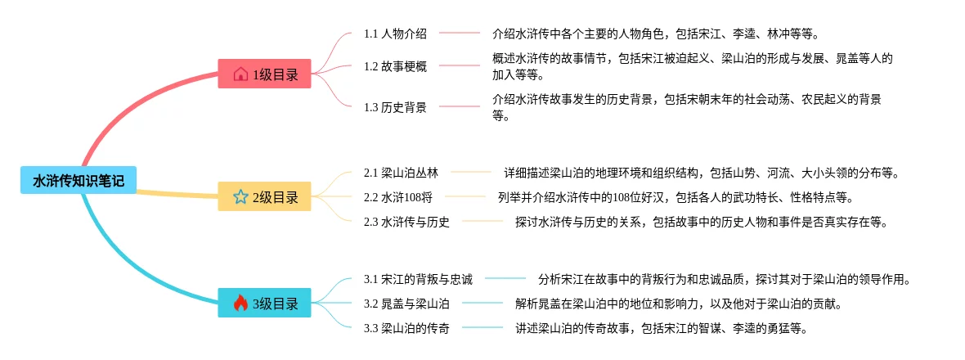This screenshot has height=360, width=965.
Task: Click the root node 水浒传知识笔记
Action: click(x=79, y=181)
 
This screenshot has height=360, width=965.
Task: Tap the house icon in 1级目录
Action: click(x=240, y=74)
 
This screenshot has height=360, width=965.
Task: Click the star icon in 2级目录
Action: click(x=240, y=197)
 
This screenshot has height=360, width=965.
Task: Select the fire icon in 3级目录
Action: click(x=240, y=304)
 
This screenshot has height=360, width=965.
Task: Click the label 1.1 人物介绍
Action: click(x=395, y=34)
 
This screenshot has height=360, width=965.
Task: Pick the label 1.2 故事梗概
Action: click(x=395, y=66)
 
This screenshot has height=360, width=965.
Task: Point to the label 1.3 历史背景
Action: click(x=395, y=107)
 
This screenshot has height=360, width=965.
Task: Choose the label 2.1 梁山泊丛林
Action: click(x=401, y=173)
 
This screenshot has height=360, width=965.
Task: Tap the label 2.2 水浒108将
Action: click(x=398, y=197)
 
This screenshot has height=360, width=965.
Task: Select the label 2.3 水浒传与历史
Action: click(x=406, y=222)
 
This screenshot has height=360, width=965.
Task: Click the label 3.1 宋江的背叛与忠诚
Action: click(x=418, y=279)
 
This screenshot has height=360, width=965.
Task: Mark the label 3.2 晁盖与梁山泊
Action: click(x=406, y=304)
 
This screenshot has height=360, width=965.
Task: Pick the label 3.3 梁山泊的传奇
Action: click(x=406, y=328)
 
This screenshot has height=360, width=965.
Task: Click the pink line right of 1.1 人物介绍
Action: click(x=460, y=34)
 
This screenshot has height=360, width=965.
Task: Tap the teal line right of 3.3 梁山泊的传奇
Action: click(x=483, y=328)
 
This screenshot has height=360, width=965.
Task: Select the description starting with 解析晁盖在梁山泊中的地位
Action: click(x=678, y=304)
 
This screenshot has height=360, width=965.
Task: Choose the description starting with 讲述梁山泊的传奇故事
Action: click(x=661, y=328)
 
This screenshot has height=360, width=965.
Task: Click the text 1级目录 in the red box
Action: click(x=275, y=74)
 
